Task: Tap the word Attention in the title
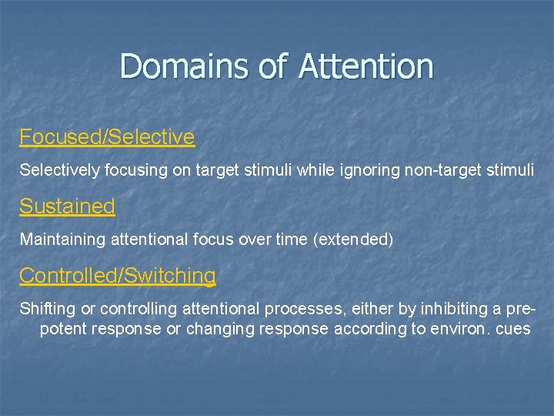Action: click(x=366, y=66)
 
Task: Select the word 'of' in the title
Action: click(x=273, y=66)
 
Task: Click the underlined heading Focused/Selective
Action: click(x=107, y=137)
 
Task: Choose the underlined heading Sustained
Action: click(x=67, y=206)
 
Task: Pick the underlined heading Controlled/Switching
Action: click(x=118, y=275)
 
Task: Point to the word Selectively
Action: click(x=59, y=169)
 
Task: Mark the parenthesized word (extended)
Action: click(x=353, y=239)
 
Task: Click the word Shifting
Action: click(x=48, y=308)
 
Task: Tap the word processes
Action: click(x=300, y=308)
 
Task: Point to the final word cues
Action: click(x=514, y=328)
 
